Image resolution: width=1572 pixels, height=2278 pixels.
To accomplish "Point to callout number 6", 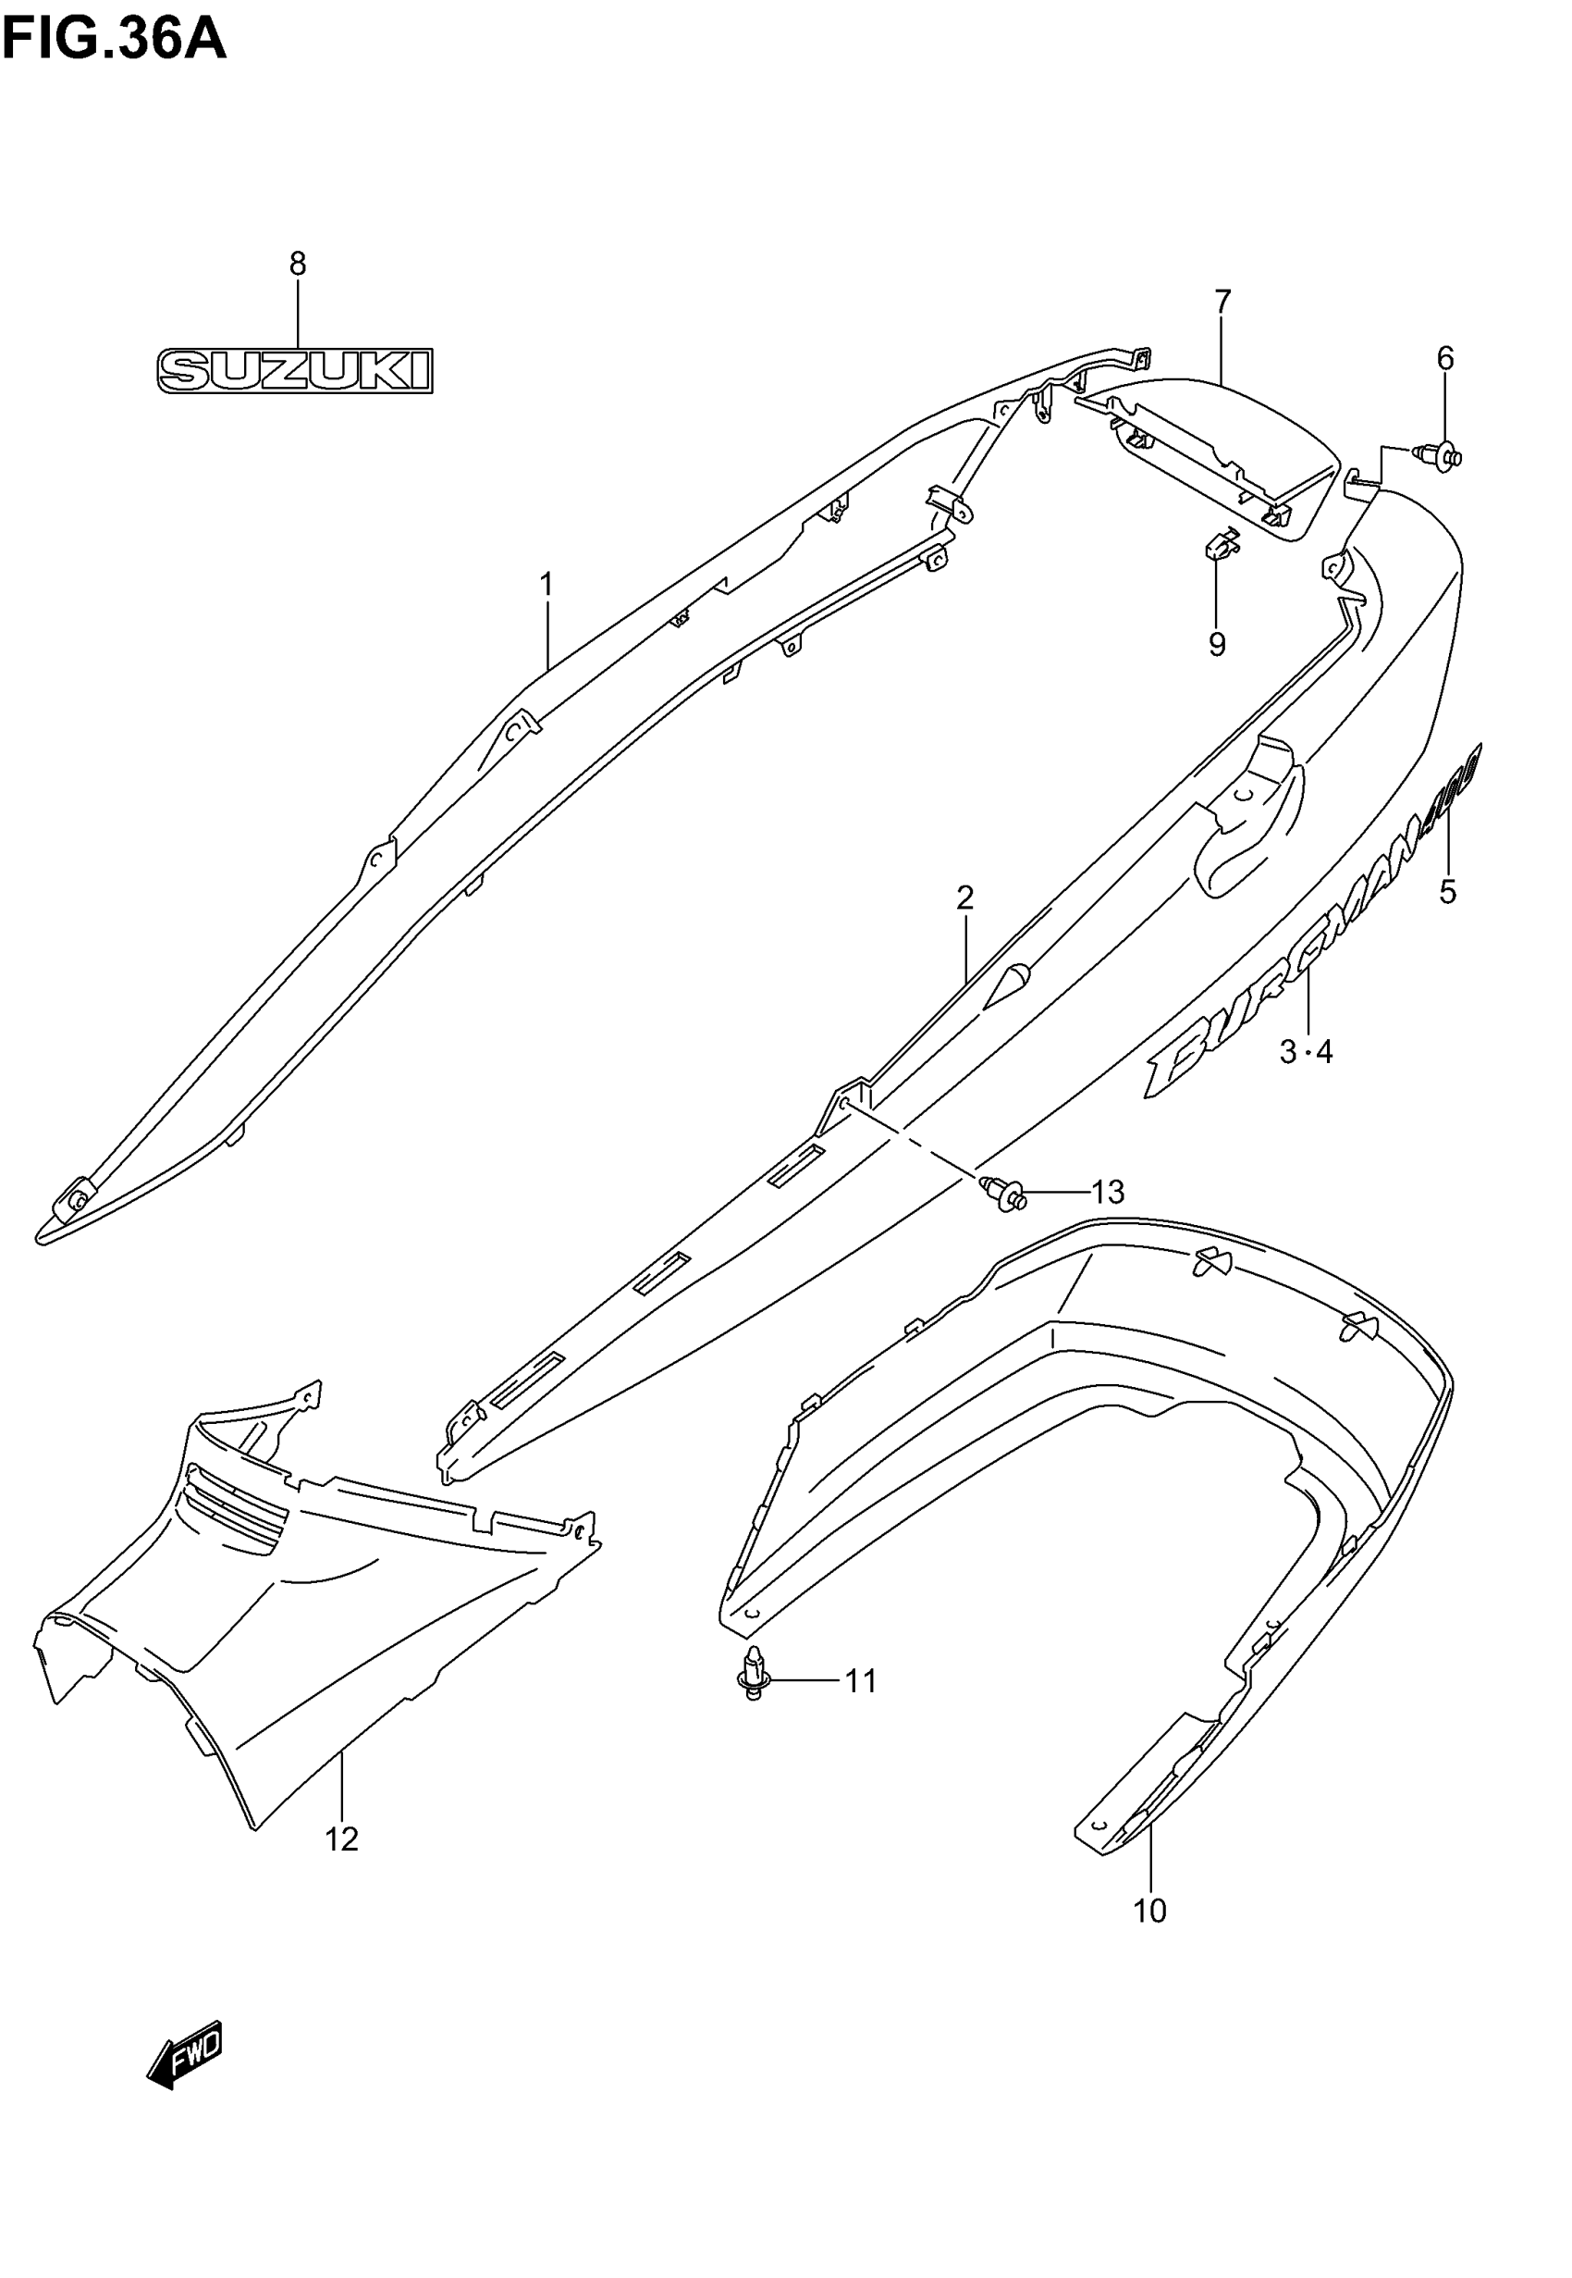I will click(1445, 359).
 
